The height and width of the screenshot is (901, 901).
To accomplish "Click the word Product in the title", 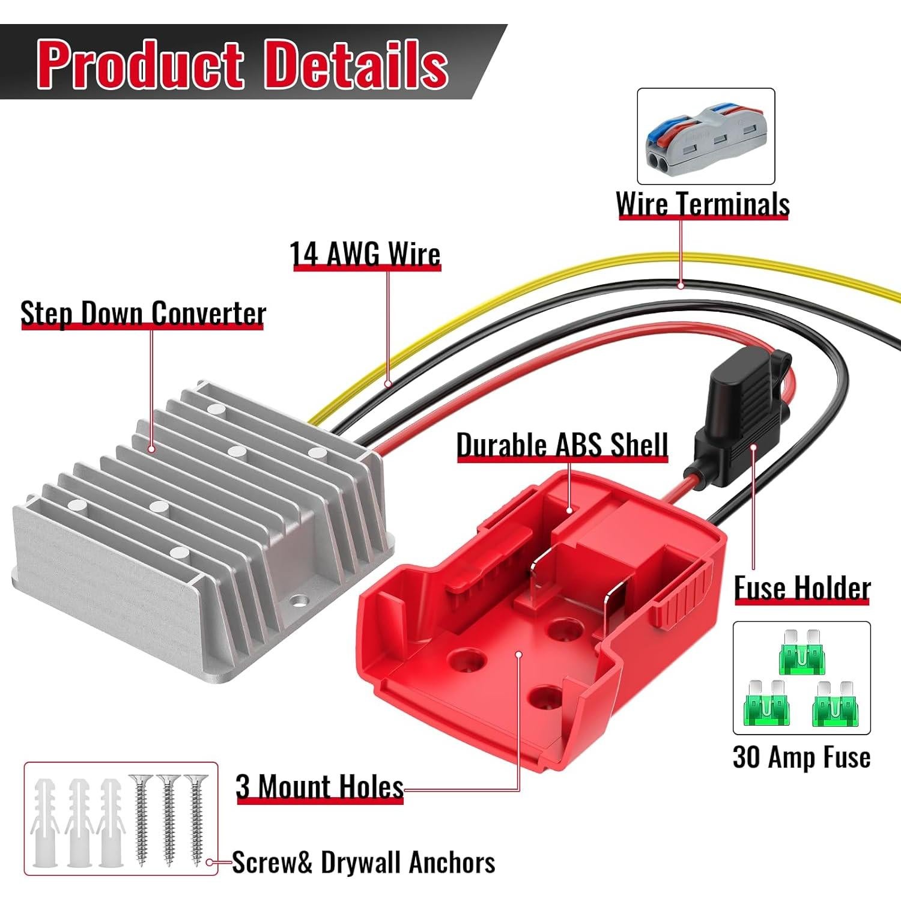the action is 142,64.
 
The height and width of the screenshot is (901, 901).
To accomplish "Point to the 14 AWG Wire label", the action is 365,253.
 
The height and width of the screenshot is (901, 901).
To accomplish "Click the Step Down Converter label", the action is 143,313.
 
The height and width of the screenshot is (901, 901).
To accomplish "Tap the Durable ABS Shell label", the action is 562,445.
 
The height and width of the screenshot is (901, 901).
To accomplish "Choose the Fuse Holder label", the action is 802,587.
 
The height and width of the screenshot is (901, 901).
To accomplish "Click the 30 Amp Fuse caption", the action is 801,757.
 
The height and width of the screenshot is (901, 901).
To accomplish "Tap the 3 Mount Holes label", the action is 319,786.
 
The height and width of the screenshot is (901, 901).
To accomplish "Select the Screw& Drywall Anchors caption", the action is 363,863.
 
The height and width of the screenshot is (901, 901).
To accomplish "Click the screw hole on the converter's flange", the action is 298,600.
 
